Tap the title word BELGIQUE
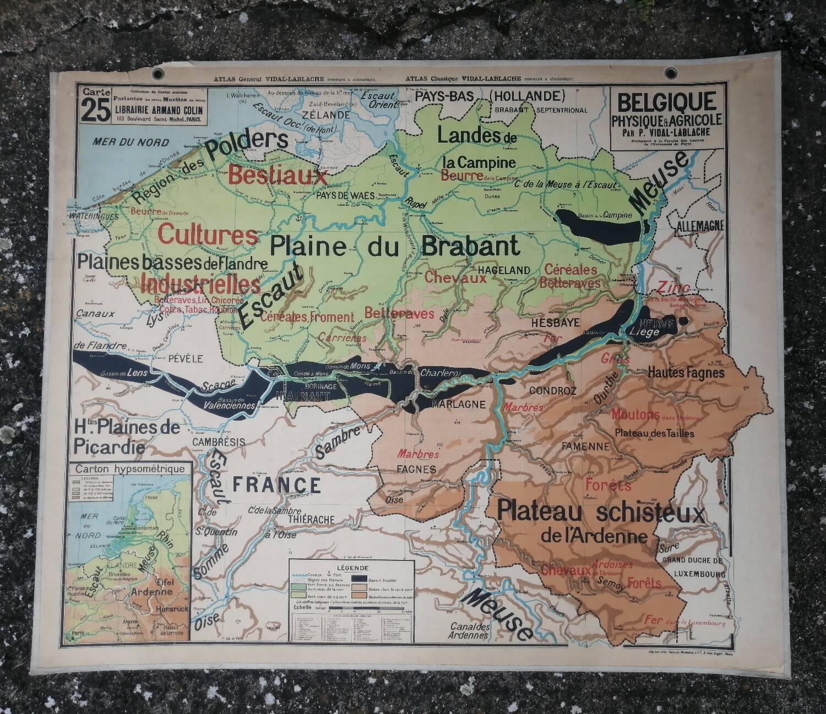(x=667, y=102)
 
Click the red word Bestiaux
(x=278, y=176)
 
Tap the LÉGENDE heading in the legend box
(x=352, y=568)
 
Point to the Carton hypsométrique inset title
(x=131, y=469)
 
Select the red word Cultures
(x=208, y=235)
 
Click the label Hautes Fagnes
(x=686, y=373)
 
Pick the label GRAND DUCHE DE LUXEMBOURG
(x=692, y=566)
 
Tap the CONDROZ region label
(x=552, y=391)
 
